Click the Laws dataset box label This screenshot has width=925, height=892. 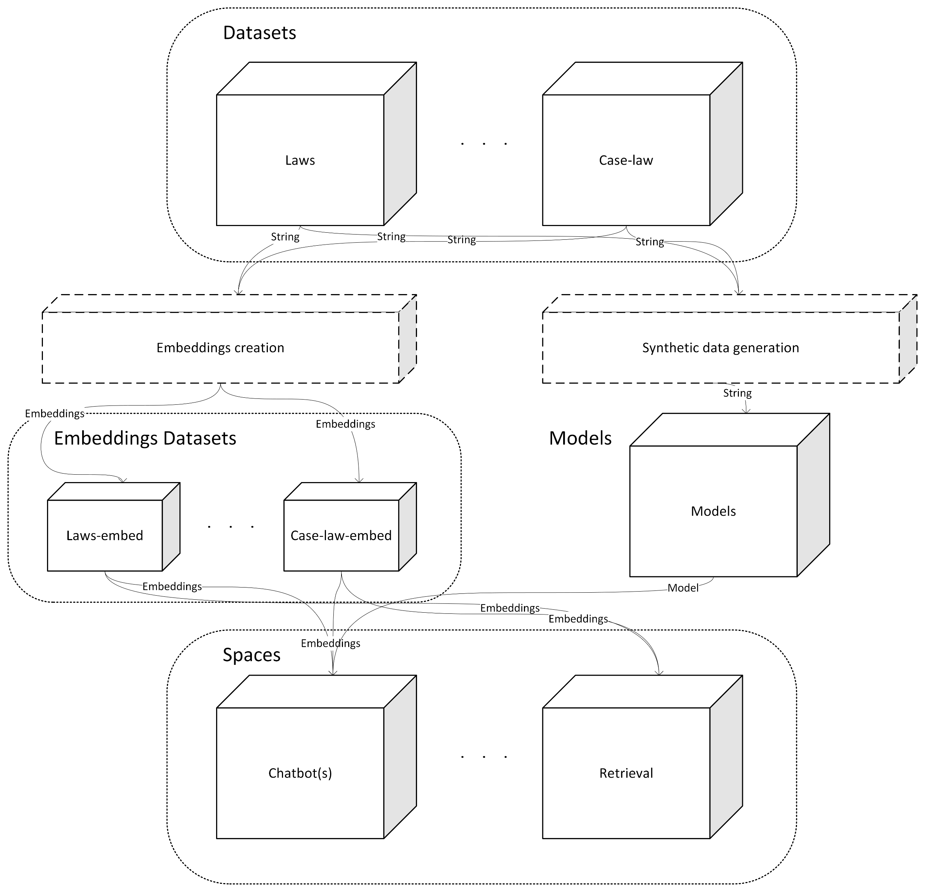pyautogui.click(x=300, y=161)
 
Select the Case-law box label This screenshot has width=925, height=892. pyautogui.click(x=626, y=161)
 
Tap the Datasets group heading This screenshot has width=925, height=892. pyautogui.click(x=260, y=33)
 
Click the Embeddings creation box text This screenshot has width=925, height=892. pyautogui.click(x=221, y=348)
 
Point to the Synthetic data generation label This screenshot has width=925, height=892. pyautogui.click(x=721, y=348)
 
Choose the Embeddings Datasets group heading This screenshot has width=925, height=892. pyautogui.click(x=145, y=438)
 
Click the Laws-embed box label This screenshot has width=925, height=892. pyautogui.click(x=105, y=536)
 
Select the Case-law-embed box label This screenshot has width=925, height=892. pyautogui.click(x=341, y=536)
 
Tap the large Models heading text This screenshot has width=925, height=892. pyautogui.click(x=580, y=438)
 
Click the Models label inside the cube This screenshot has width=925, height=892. pyautogui.click(x=713, y=511)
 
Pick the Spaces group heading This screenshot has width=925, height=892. pyautogui.click(x=252, y=655)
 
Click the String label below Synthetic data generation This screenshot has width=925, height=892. pyautogui.click(x=737, y=393)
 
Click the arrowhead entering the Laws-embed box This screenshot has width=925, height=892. pyautogui.click(x=124, y=481)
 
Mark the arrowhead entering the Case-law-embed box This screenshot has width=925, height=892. pyautogui.click(x=359, y=481)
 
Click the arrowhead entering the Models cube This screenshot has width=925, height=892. pyautogui.click(x=746, y=411)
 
